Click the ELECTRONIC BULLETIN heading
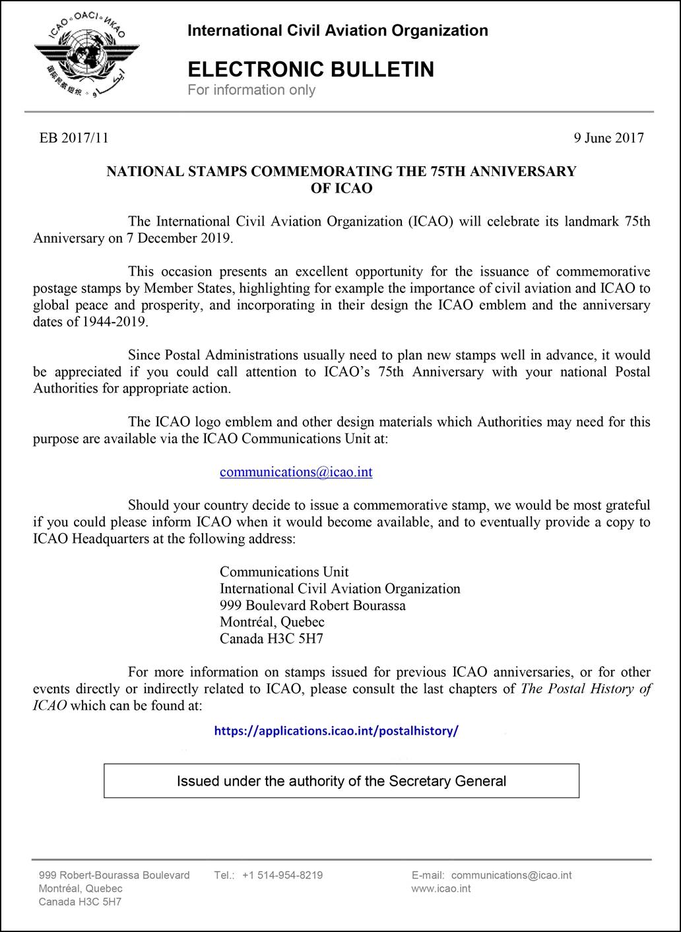pos(311,69)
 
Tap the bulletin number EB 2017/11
pos(74,138)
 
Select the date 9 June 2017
pos(608,138)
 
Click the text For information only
pos(251,90)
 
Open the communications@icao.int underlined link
pos(296,472)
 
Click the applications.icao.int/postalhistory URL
pos(336,731)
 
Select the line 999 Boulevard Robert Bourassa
pos(313,606)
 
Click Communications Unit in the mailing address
pos(284,572)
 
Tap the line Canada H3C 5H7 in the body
pos(271,638)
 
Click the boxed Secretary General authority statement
pos(341,781)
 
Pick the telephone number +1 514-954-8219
pos(282,875)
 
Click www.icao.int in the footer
pos(441,888)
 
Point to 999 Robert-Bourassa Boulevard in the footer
pos(114,875)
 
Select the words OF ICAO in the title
pos(341,188)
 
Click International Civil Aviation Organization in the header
pos(338,30)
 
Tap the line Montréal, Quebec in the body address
pos(272,622)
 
